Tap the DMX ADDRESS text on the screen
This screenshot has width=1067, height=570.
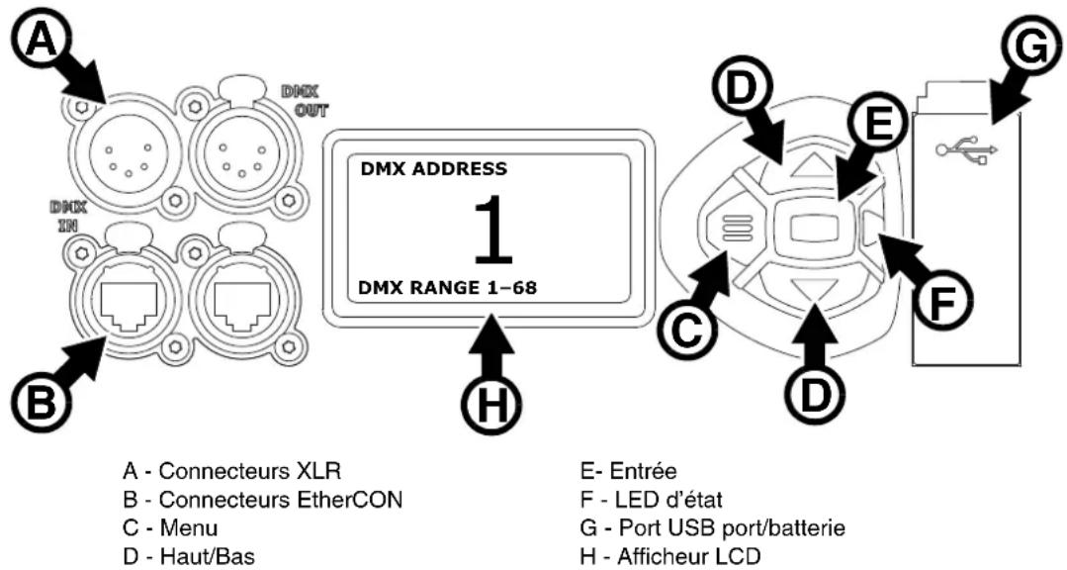pos(433,168)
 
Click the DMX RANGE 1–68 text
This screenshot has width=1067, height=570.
pos(447,287)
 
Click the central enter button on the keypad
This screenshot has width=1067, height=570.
pos(813,230)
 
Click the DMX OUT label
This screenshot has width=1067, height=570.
pos(305,100)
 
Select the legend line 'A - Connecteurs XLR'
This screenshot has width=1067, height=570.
pos(231,471)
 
